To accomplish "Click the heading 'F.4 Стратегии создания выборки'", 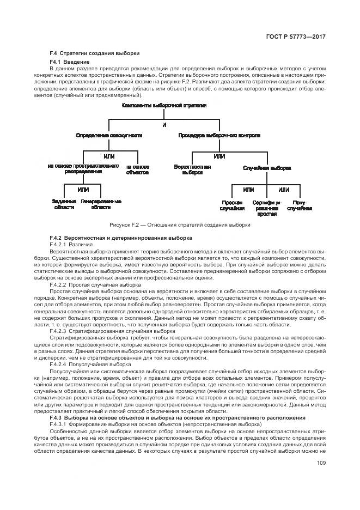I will (94, 53).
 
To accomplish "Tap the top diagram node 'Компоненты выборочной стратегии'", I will (164, 105).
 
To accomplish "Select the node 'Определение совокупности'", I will (109, 135).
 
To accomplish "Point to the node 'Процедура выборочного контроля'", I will (219, 135).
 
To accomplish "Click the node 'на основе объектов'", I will (137, 169).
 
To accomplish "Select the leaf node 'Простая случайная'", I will (233, 205).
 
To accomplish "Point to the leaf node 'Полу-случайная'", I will (300, 205).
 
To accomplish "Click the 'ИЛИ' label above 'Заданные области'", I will (83, 189).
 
